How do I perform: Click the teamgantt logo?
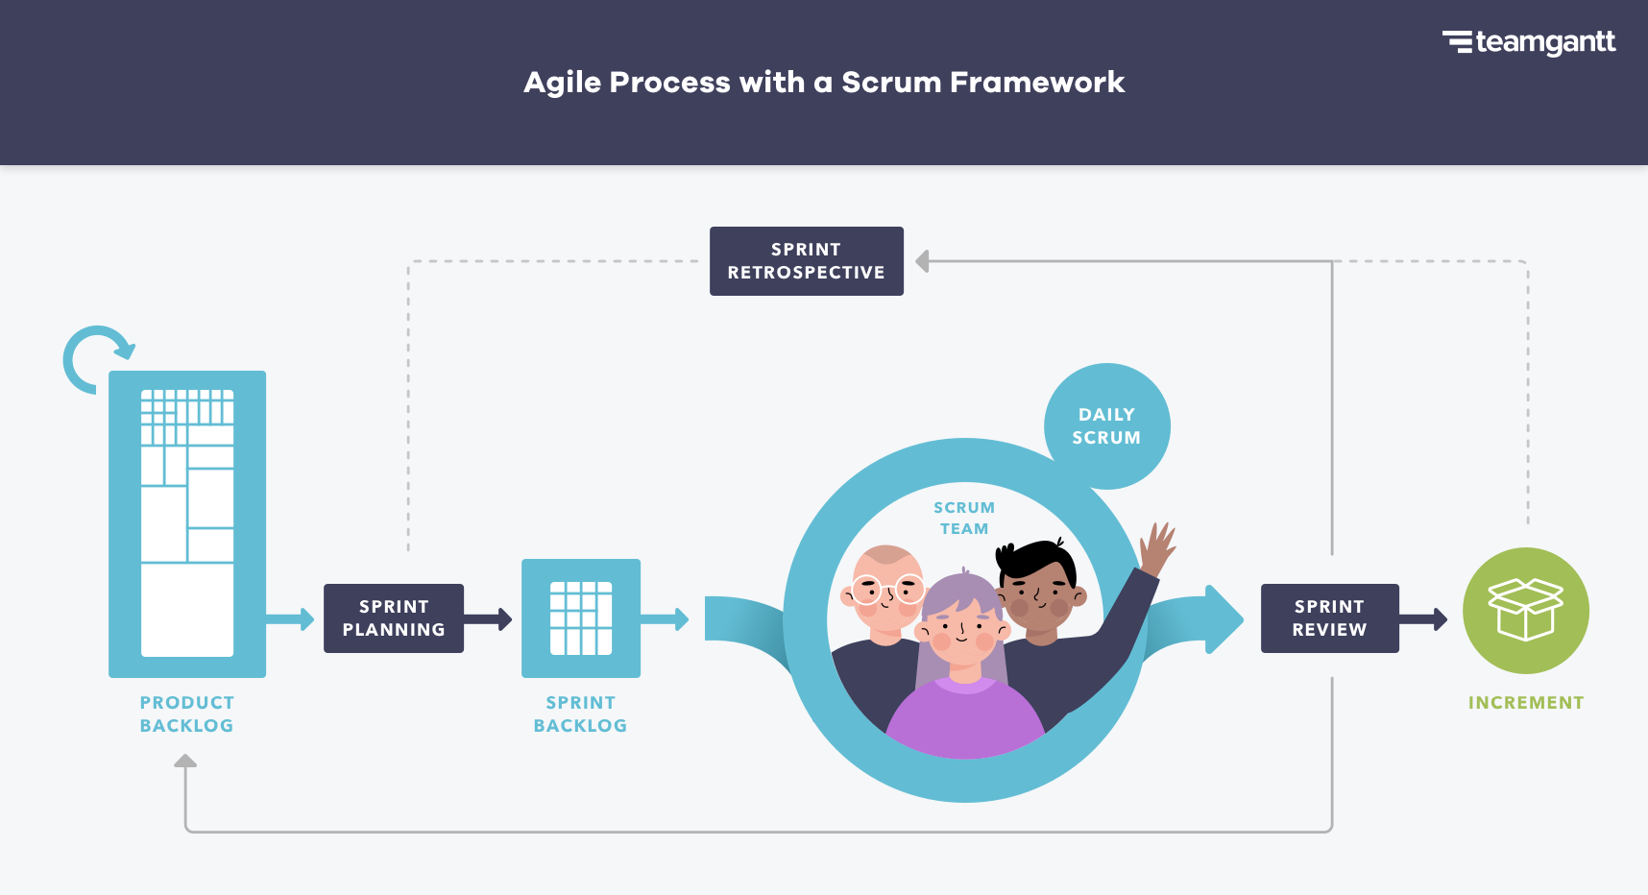[x=1529, y=42]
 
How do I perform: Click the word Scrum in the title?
[x=891, y=83]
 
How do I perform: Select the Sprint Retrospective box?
[x=806, y=261]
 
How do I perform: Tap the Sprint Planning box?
[x=394, y=618]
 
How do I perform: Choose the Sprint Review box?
[x=1329, y=618]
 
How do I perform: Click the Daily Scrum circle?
[x=1107, y=425]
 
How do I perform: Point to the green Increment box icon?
[x=1525, y=610]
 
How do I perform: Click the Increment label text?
[x=1525, y=703]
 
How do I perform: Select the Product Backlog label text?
[x=186, y=714]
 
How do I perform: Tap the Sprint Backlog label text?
[x=580, y=714]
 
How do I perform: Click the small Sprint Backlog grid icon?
[x=581, y=618]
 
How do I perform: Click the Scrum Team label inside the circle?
[x=964, y=518]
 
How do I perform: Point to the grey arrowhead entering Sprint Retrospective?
[x=922, y=261]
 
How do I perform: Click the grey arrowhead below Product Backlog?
[x=185, y=761]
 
